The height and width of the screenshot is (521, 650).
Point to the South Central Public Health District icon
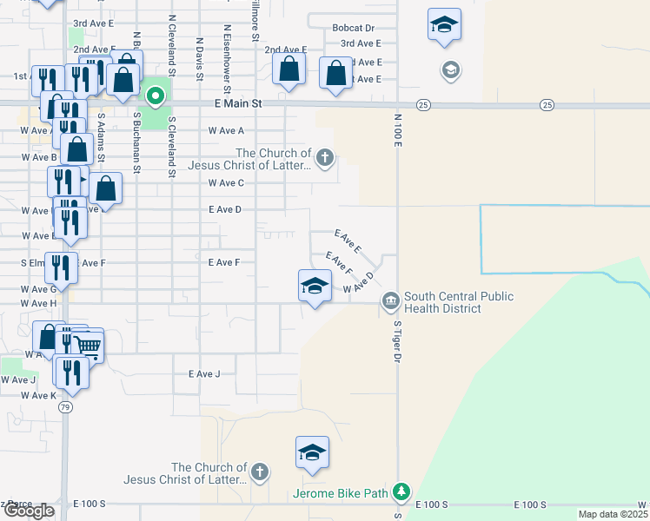click(390, 302)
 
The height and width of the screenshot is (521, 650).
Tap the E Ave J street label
click(204, 374)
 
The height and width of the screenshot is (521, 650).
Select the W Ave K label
click(39, 395)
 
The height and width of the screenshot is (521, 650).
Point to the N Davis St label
click(199, 57)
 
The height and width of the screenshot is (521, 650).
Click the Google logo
click(29, 511)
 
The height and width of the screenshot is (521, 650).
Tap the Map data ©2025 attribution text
click(614, 514)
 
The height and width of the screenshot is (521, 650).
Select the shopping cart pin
click(88, 346)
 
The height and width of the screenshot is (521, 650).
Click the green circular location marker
click(156, 96)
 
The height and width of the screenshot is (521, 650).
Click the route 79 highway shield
click(66, 406)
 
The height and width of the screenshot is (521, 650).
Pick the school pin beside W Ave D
click(315, 287)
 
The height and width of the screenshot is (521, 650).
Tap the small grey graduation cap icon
click(450, 69)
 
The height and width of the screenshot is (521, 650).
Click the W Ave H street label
click(40, 303)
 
